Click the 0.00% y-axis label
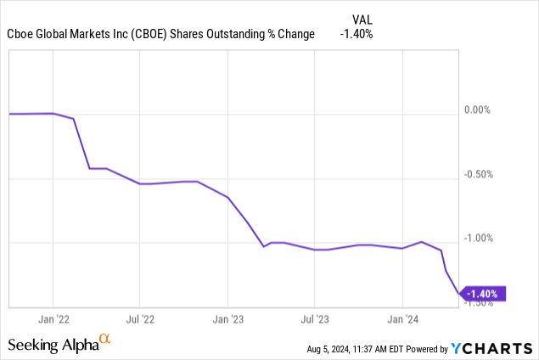(x=484, y=110)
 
